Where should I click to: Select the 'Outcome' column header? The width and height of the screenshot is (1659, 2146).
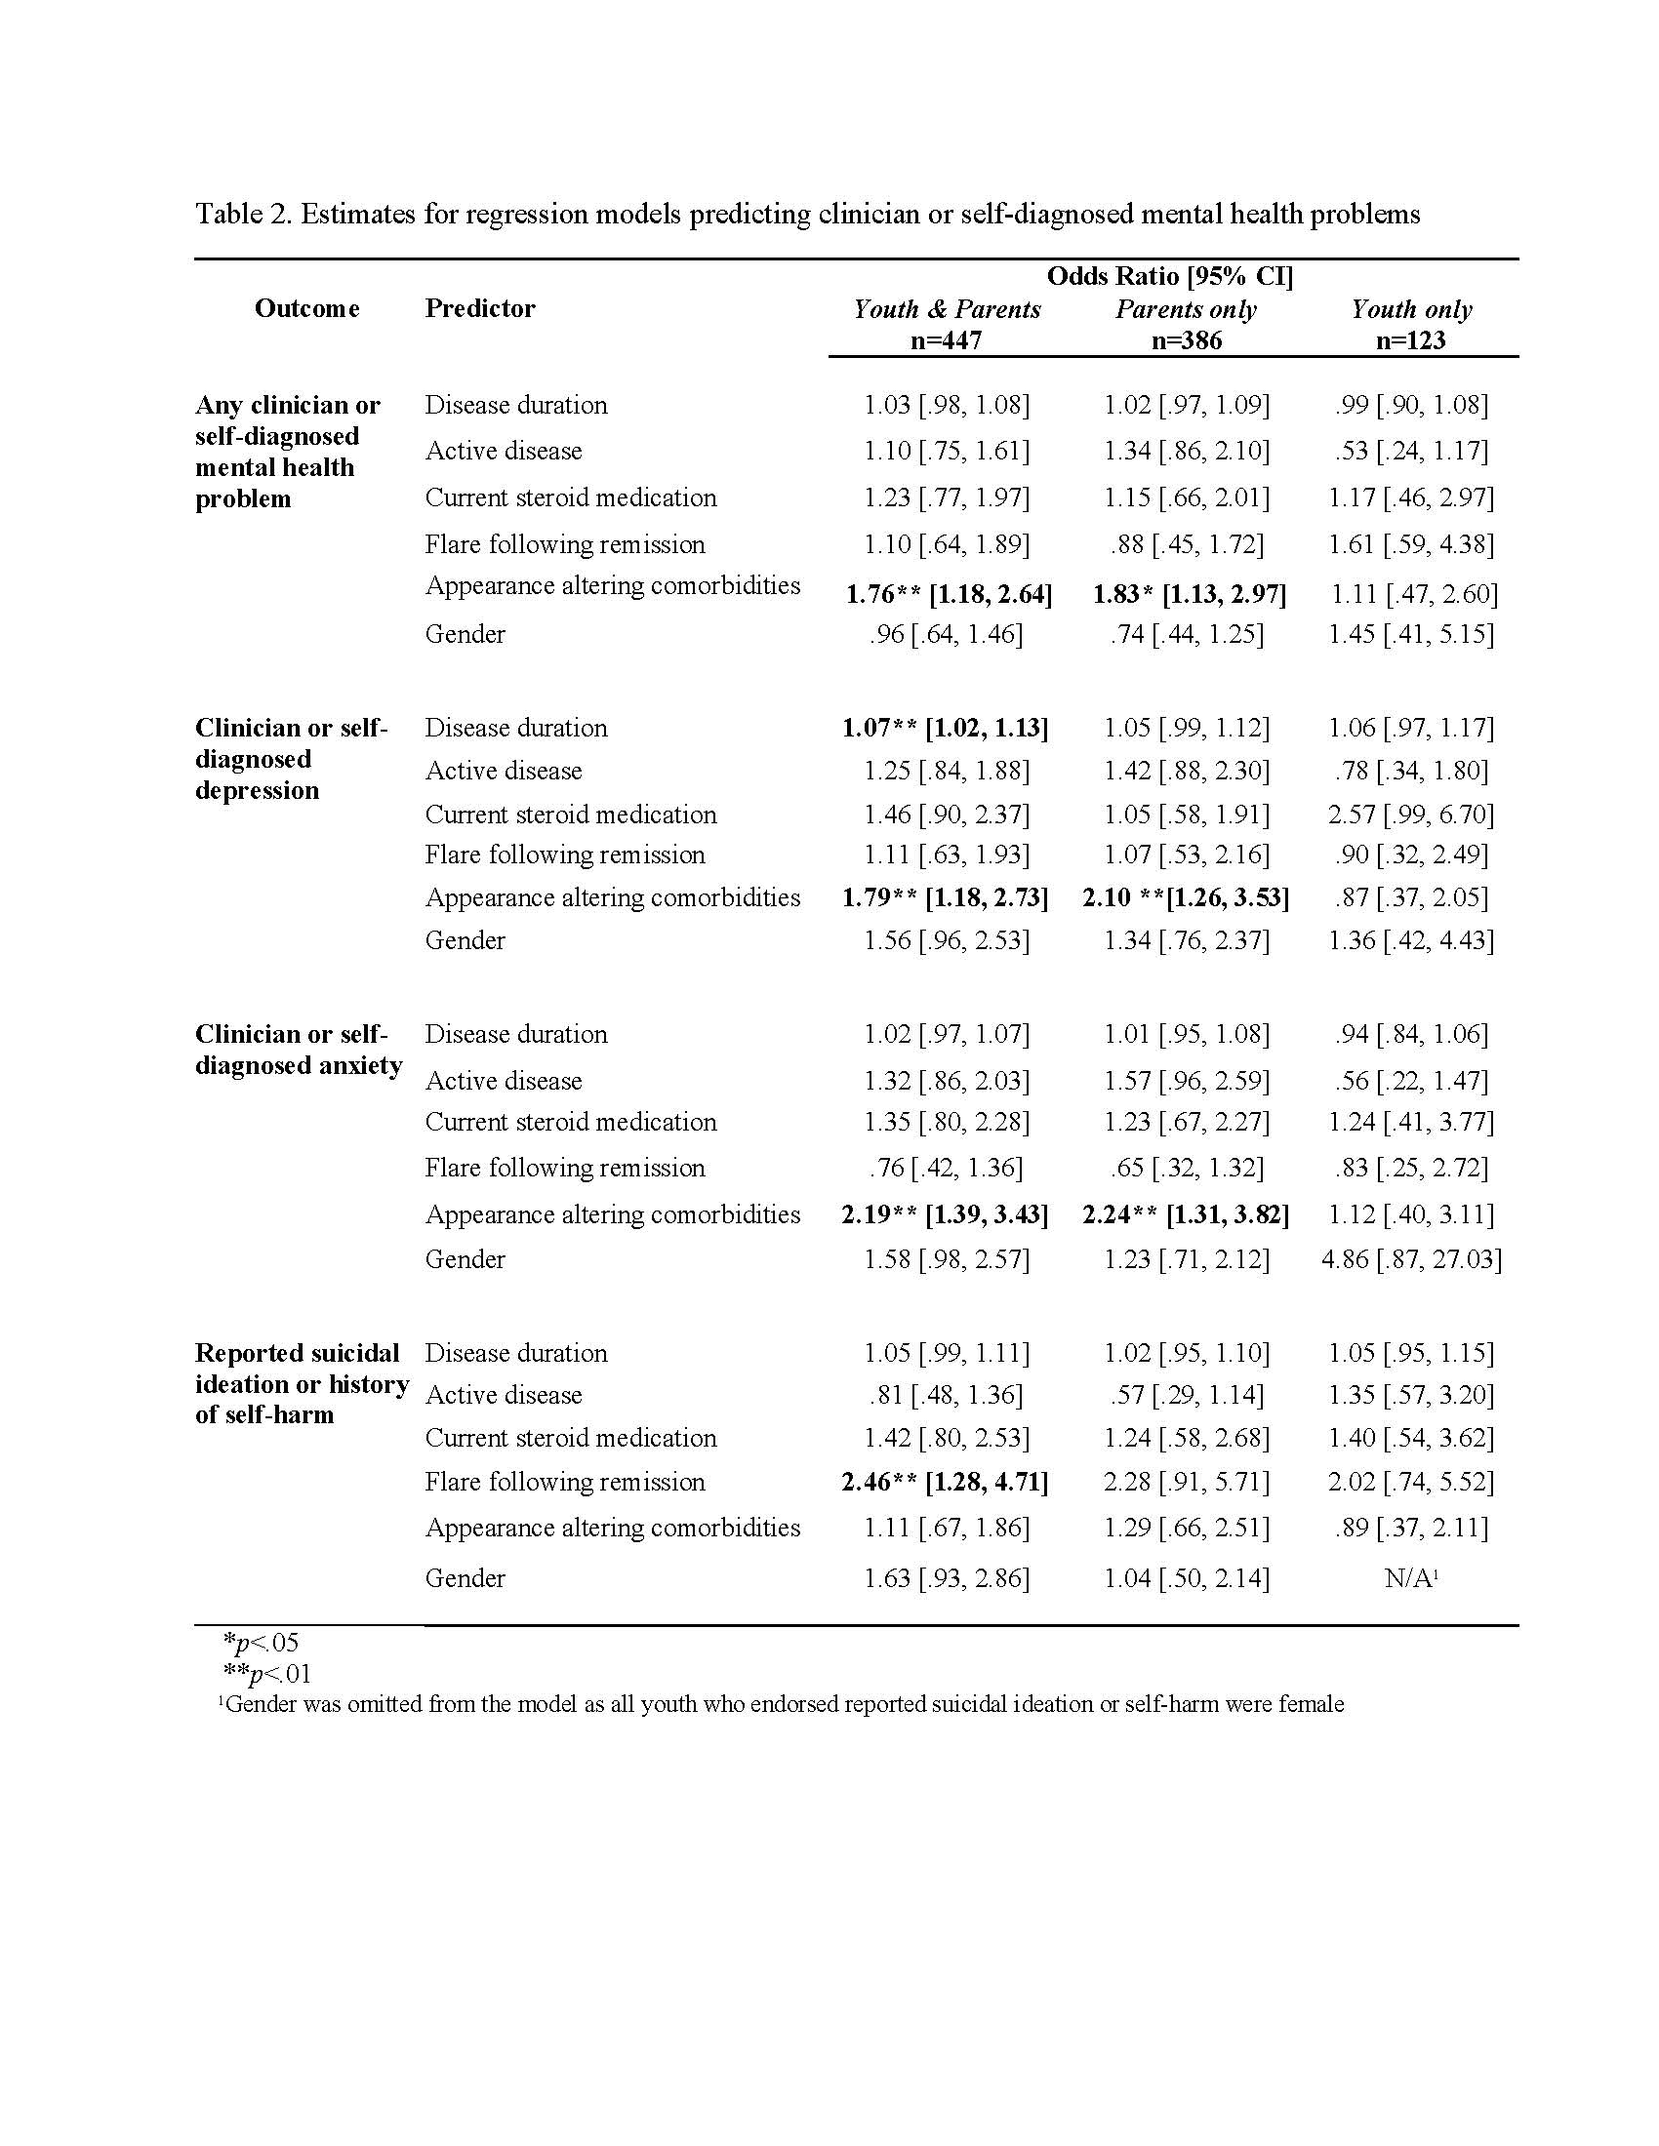point(306,308)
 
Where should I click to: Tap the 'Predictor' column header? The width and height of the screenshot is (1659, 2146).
point(479,308)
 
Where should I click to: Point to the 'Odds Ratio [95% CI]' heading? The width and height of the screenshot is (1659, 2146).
point(1169,276)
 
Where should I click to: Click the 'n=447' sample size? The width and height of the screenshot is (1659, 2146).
point(946,340)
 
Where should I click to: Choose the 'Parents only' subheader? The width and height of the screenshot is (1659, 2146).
point(1186,309)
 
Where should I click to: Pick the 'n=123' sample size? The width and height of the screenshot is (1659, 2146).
point(1410,340)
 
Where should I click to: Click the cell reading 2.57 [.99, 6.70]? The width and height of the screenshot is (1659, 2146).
point(1410,815)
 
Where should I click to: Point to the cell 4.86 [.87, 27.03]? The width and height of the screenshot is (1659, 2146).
point(1410,1258)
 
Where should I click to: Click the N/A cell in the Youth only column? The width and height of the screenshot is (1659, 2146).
point(1410,1578)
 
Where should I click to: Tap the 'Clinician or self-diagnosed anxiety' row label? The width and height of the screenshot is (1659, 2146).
point(298,1050)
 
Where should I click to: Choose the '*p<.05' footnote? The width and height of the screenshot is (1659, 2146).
point(261,1642)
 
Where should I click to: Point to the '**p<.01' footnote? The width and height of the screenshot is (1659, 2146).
point(266,1673)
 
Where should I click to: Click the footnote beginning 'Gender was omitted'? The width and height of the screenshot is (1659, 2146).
point(781,1704)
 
